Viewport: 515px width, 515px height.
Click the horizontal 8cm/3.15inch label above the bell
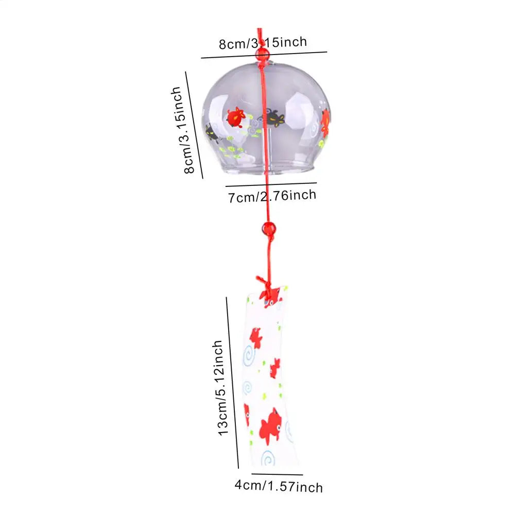pos(263,43)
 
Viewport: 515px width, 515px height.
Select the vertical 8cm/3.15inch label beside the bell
pos(181,130)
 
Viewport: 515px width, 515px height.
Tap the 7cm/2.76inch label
pos(272,196)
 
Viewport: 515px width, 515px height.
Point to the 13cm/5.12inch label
pos(221,388)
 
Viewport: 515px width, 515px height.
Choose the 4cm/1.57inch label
pos(279,486)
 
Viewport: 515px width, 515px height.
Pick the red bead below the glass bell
pos(269,228)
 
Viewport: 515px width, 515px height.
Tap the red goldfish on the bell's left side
pos(236,117)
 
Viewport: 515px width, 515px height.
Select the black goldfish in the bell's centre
pos(273,117)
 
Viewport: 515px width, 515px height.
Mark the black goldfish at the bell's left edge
pos(212,133)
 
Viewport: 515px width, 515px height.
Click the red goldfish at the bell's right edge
pos(325,123)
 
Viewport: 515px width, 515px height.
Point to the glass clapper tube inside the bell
pos(267,150)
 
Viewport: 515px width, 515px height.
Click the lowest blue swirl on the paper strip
pos(268,458)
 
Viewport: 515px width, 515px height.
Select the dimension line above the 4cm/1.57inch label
pos(277,474)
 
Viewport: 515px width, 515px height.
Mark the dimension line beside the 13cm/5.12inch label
pos(232,383)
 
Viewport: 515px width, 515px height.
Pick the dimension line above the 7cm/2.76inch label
pos(271,184)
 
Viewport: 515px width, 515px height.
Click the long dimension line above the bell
pos(264,55)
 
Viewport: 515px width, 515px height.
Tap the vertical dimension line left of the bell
pos(194,125)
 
